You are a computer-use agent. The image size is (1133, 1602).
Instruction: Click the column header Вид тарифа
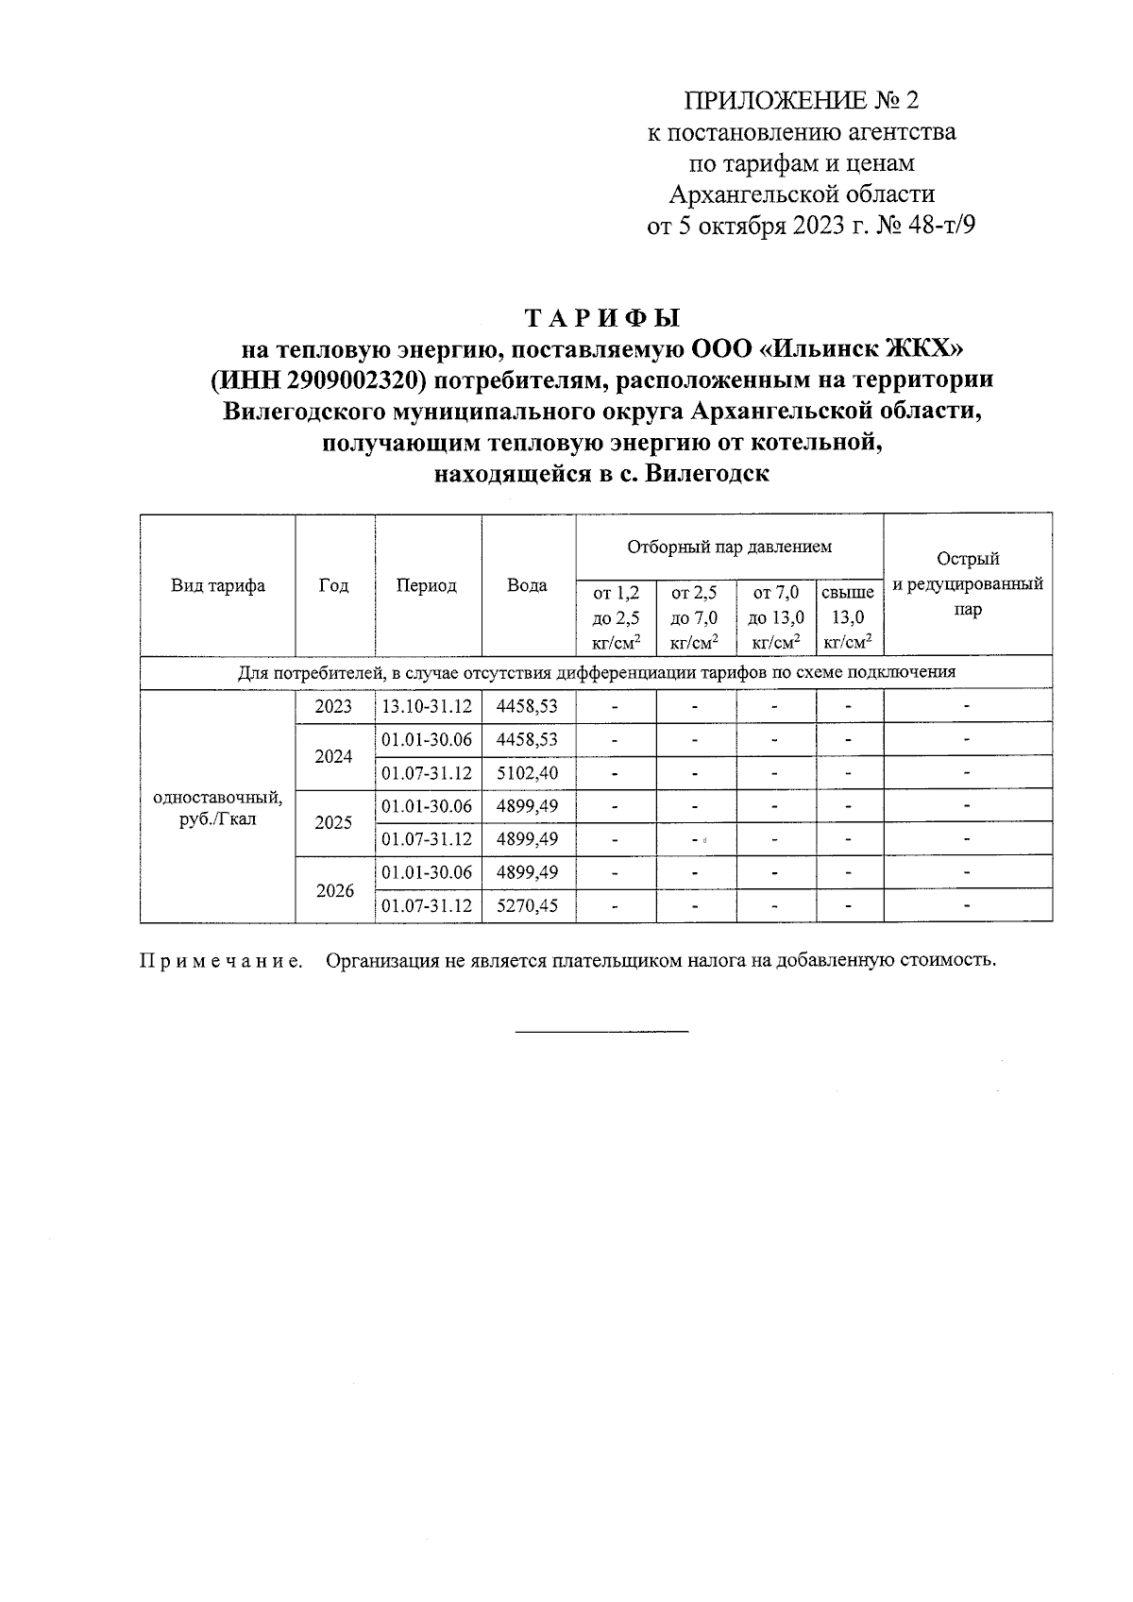(218, 586)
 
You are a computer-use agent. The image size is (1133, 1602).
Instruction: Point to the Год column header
(334, 586)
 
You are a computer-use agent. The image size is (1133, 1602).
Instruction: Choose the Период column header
(427, 586)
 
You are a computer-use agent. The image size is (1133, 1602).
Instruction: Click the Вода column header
(527, 586)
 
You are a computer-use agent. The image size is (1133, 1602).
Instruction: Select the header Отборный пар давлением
(729, 547)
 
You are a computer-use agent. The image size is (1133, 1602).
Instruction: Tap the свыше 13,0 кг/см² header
(848, 617)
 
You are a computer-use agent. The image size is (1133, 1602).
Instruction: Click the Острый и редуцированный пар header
(968, 584)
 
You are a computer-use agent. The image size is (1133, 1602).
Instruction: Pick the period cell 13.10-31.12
(427, 706)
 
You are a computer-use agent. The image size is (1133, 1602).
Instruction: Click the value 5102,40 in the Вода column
(527, 773)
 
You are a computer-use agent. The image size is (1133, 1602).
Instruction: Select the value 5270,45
(527, 906)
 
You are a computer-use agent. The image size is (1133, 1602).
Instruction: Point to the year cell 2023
(333, 706)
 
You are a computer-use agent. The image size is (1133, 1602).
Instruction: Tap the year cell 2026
(334, 890)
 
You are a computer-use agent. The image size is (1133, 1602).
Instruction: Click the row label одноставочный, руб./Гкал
(218, 808)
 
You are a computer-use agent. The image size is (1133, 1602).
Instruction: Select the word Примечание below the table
(222, 961)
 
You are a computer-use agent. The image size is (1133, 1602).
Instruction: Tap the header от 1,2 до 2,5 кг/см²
(616, 617)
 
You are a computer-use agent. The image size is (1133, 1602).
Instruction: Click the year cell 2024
(334, 756)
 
